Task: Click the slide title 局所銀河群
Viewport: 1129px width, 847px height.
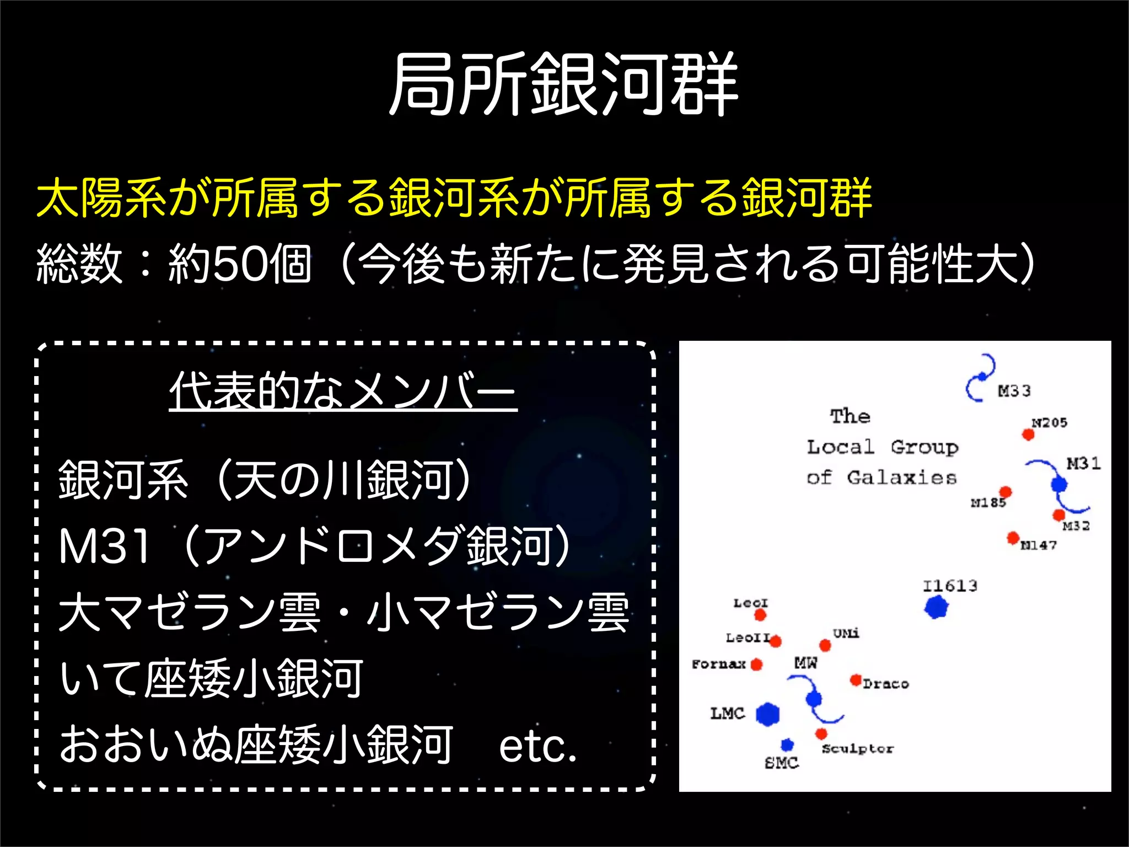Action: pyautogui.click(x=563, y=84)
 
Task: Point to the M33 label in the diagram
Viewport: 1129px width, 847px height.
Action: pyautogui.click(x=1014, y=391)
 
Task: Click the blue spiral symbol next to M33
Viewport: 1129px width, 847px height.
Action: pyautogui.click(x=981, y=378)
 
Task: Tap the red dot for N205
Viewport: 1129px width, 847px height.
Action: pyautogui.click(x=1028, y=435)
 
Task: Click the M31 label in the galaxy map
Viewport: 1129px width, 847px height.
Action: pyautogui.click(x=1083, y=463)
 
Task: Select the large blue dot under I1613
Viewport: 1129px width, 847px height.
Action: pyautogui.click(x=936, y=607)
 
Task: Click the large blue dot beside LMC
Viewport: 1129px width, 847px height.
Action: pyautogui.click(x=767, y=714)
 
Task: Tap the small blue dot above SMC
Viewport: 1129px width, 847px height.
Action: pyautogui.click(x=787, y=745)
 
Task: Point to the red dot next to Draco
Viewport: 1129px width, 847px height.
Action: pyautogui.click(x=856, y=680)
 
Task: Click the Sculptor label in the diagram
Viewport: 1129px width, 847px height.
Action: pyautogui.click(x=857, y=749)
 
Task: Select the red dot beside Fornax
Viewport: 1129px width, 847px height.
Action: pyautogui.click(x=757, y=664)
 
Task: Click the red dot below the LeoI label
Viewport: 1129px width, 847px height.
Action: pyautogui.click(x=760, y=614)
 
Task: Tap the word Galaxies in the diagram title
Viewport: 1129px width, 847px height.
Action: pyautogui.click(x=901, y=478)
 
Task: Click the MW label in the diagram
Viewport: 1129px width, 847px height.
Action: pyautogui.click(x=805, y=662)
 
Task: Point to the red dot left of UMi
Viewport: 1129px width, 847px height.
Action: pyautogui.click(x=825, y=645)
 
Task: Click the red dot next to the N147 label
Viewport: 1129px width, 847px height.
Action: pyautogui.click(x=1013, y=537)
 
